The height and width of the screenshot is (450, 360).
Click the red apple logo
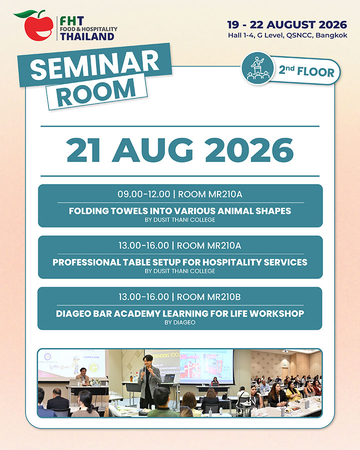click(39, 28)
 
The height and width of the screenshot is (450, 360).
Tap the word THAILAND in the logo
click(87, 36)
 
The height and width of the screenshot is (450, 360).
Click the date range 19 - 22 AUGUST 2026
click(287, 24)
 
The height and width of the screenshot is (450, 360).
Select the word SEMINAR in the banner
click(94, 65)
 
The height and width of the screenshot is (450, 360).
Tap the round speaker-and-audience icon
click(258, 68)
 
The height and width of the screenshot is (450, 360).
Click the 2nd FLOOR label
click(306, 71)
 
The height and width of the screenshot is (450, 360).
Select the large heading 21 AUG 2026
click(180, 150)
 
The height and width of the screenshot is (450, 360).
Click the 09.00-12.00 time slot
click(143, 194)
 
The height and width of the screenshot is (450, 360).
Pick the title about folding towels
click(180, 211)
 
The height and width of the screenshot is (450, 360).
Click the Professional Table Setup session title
click(180, 262)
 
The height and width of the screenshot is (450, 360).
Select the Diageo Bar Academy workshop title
click(180, 313)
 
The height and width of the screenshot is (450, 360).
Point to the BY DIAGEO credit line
click(180, 322)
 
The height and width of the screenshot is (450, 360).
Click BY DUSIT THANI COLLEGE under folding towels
click(180, 220)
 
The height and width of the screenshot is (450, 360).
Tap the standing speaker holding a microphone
click(148, 379)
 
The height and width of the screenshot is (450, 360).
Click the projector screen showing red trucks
click(206, 366)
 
